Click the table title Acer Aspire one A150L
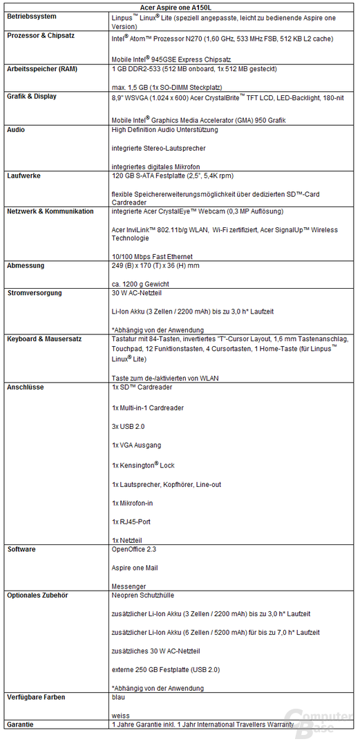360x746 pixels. pos(179,6)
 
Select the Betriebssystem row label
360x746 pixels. pos(32,15)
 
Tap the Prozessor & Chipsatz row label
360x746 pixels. pos(41,35)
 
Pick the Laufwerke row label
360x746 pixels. pos(23,176)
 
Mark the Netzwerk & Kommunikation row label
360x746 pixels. pos(50,211)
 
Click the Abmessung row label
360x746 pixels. pos(26,265)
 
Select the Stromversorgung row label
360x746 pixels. pos(35,293)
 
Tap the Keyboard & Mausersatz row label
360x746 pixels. pos(47,339)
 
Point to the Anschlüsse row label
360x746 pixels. pos(26,388)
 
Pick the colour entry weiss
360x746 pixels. pos(120,716)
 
